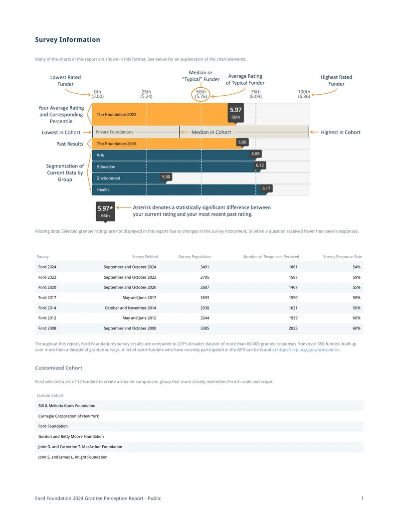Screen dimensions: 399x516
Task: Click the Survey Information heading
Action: pyautogui.click(x=67, y=39)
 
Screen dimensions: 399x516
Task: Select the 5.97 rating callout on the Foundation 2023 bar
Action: pyautogui.click(x=236, y=113)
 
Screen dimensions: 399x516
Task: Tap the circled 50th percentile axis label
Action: pyautogui.click(x=201, y=94)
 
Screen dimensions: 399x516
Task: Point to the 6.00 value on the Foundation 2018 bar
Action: pyautogui.click(x=242, y=142)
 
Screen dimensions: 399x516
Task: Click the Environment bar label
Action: pyautogui.click(x=108, y=178)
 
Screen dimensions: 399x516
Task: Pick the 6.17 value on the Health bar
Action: pyautogui.click(x=266, y=188)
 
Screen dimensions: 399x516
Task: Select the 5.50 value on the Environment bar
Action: pyautogui.click(x=166, y=177)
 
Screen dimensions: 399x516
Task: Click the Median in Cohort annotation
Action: pyautogui.click(x=211, y=132)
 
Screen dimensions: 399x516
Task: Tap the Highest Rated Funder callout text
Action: pyautogui.click(x=336, y=80)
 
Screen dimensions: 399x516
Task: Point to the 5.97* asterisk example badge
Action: pyautogui.click(x=105, y=211)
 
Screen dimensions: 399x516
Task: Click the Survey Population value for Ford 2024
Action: pyautogui.click(x=205, y=267)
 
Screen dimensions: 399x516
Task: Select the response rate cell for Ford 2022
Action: pyautogui.click(x=357, y=277)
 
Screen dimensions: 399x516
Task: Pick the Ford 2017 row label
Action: pyautogui.click(x=47, y=298)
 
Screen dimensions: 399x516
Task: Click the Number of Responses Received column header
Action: pyautogui.click(x=271, y=257)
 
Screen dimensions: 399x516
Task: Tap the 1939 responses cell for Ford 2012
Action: pyautogui.click(x=293, y=318)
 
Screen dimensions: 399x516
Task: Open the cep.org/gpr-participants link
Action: pyautogui.click(x=308, y=350)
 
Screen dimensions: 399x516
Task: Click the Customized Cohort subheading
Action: pyautogui.click(x=58, y=368)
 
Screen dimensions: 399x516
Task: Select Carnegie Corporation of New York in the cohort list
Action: pyautogui.click(x=68, y=416)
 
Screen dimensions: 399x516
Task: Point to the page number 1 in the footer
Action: pyautogui.click(x=362, y=498)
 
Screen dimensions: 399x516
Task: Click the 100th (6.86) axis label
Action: pyautogui.click(x=304, y=94)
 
